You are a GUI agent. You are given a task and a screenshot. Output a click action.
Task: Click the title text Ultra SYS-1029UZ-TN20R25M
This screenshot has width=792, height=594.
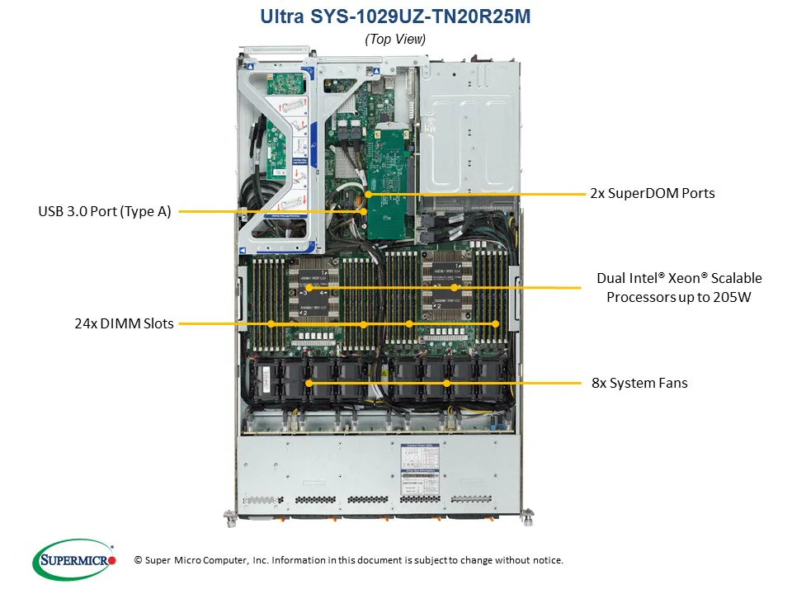(395, 16)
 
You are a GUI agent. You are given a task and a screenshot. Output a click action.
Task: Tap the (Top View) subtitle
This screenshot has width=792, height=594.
(395, 39)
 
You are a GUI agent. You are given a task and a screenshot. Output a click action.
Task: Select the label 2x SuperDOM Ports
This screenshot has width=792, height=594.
(652, 193)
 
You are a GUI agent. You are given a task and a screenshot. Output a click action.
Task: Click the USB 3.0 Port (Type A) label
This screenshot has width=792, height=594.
(105, 211)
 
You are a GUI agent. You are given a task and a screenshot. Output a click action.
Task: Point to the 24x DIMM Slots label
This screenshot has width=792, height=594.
(124, 323)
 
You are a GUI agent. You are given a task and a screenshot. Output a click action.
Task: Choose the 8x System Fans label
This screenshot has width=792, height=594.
(639, 383)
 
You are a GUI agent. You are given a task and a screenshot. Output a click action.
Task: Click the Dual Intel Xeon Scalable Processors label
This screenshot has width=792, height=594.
(679, 287)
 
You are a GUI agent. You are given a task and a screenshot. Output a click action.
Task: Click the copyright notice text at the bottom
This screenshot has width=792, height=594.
(348, 560)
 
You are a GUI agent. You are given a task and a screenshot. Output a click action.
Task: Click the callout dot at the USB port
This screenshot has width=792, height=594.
(363, 212)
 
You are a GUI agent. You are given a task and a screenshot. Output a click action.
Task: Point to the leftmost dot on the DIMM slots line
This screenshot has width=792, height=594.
(271, 324)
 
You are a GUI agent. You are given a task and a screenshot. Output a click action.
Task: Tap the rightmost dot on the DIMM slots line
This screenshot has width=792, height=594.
(496, 324)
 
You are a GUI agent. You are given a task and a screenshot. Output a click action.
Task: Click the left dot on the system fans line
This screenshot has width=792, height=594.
(309, 384)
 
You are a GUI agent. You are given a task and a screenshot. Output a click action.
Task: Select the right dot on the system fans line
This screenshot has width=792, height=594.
(446, 384)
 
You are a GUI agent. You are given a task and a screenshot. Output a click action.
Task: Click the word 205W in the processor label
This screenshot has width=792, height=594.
(733, 297)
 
